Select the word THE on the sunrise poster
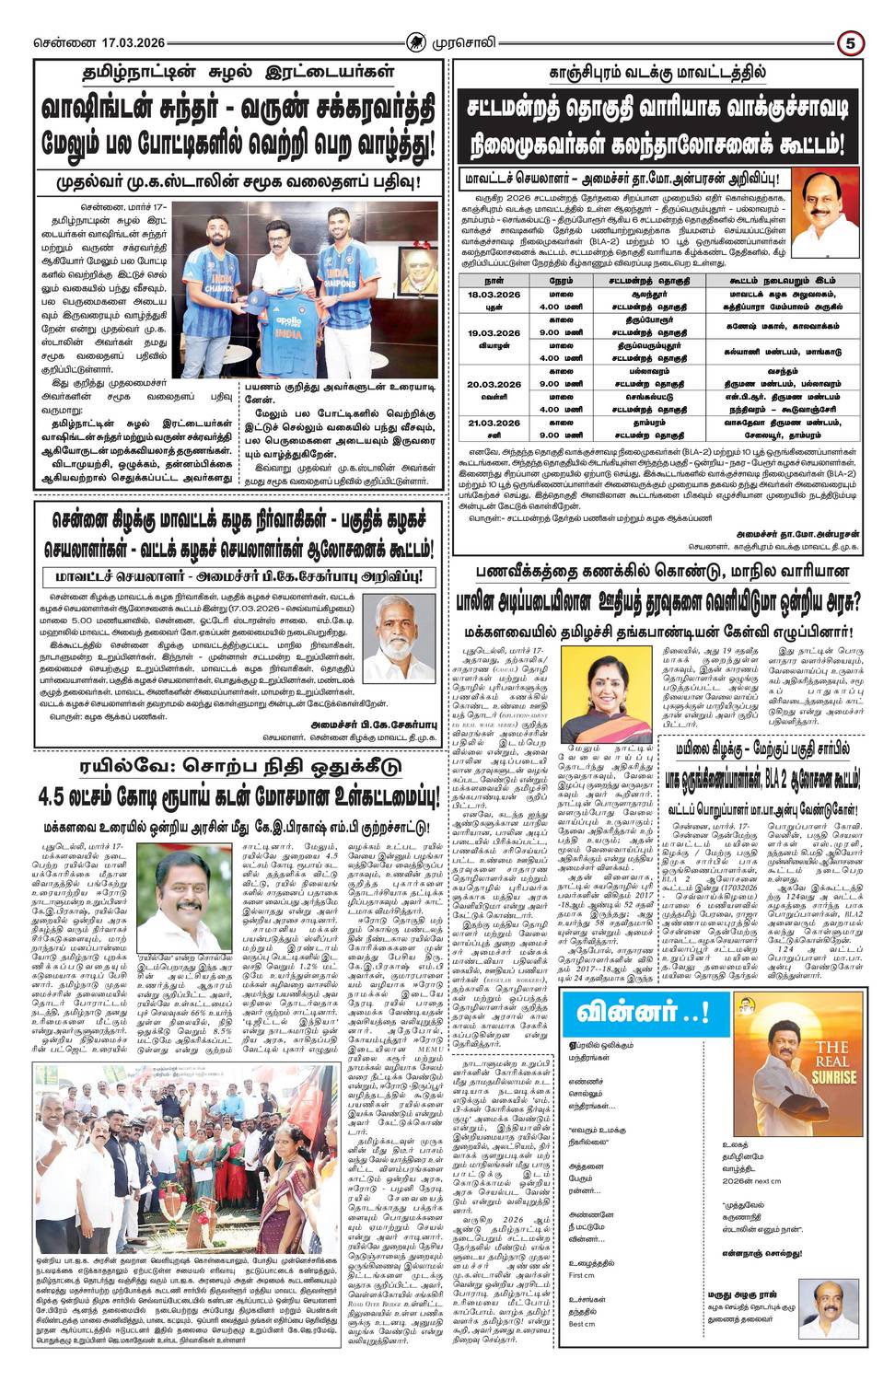[831, 1047]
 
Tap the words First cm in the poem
[582, 1275]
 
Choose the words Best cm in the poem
[582, 1324]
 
